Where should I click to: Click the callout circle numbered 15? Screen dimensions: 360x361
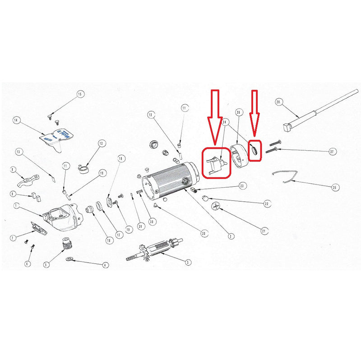80,94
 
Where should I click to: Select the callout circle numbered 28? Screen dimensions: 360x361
278,102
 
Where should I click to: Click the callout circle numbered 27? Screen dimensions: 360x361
332,152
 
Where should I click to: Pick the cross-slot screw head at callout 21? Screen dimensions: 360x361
216,207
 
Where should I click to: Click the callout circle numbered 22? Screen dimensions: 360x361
267,204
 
